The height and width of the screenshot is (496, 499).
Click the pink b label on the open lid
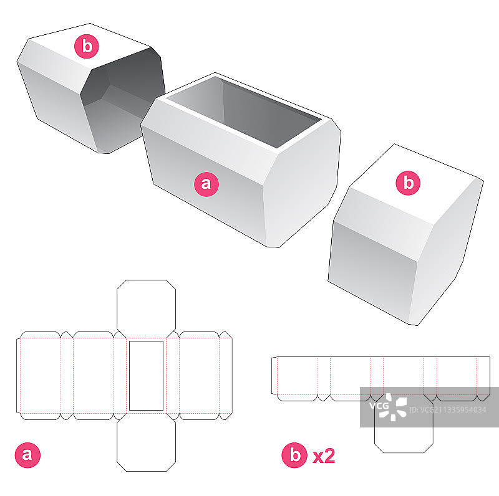point(87,46)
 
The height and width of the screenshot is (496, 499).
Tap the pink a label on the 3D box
point(206,184)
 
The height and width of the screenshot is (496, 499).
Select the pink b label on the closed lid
point(408,183)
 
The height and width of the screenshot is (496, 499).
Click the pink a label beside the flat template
point(27,455)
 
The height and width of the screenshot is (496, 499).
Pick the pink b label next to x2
point(294,455)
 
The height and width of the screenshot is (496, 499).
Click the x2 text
point(324,456)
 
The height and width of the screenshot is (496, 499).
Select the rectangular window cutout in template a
point(146,376)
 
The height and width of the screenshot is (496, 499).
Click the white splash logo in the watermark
point(392,407)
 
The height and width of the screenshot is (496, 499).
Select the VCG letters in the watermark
point(379,406)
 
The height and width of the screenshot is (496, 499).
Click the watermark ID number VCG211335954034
point(447,409)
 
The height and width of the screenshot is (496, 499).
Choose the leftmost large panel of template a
point(40,376)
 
